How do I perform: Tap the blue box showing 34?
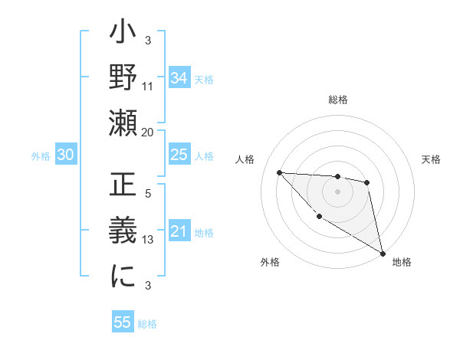179,77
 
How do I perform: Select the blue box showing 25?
179,155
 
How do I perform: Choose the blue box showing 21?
179,232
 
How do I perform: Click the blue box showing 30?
65,155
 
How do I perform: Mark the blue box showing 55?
123,322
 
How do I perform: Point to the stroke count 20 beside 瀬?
148,133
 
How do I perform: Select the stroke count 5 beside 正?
148,194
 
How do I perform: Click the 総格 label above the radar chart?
337,100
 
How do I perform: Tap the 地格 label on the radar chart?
402,262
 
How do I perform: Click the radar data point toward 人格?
279,172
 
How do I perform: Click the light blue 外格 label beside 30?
41,156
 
